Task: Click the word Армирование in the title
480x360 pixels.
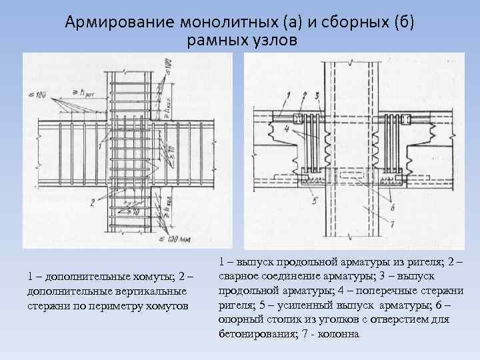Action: click(119, 21)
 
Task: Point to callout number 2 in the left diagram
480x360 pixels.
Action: click(90, 203)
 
